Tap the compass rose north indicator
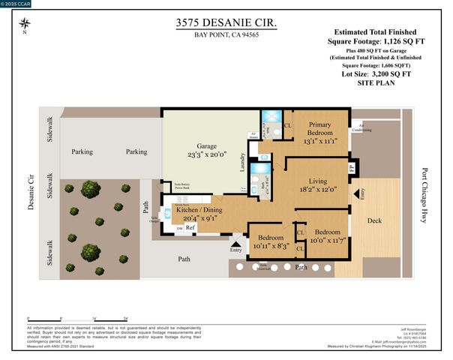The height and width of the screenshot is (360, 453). tap(25, 25)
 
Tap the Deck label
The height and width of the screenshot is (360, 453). tap(373, 221)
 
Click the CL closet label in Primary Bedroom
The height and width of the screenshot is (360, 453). tap(288, 126)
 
